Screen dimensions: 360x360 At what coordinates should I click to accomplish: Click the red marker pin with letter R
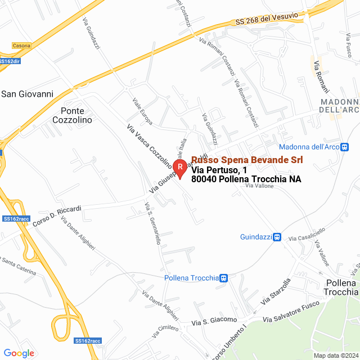pyautogui.click(x=180, y=168)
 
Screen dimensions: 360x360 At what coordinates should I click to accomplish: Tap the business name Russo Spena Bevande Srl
pyautogui.click(x=247, y=160)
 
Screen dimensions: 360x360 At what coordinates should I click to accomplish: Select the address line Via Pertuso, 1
pyautogui.click(x=219, y=170)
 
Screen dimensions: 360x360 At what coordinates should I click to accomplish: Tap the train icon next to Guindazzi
pyautogui.click(x=277, y=237)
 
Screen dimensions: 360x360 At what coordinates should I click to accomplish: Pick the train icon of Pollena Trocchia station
pyautogui.click(x=224, y=278)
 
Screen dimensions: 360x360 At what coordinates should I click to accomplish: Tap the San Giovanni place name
pyautogui.click(x=27, y=94)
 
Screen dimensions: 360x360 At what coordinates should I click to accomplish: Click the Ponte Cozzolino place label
pyautogui.click(x=76, y=115)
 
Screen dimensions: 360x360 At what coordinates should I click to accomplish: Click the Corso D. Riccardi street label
pyautogui.click(x=57, y=216)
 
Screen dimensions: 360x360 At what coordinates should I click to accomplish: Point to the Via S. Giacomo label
pyautogui.click(x=214, y=322)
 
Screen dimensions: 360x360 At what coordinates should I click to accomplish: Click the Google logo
pyautogui.click(x=19, y=353)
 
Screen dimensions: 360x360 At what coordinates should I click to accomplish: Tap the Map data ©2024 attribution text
pyautogui.click(x=335, y=355)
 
